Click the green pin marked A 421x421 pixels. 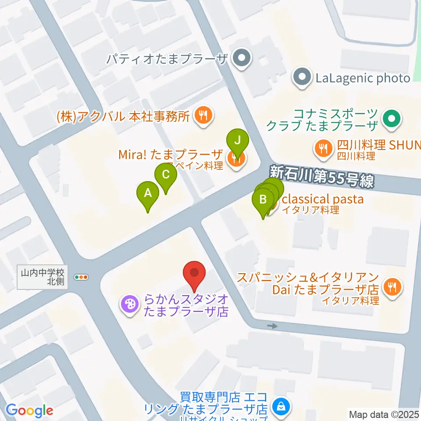point(148,193)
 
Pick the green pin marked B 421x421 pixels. point(263,200)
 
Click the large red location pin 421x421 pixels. point(194,274)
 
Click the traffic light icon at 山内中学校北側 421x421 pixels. point(82,277)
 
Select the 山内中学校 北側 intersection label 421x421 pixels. point(43,277)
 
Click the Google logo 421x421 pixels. point(29,411)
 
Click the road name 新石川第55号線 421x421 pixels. point(322,176)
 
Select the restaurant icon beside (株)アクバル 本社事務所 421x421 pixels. point(204,116)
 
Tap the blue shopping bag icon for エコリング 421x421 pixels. point(280,407)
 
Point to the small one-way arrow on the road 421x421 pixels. point(272,326)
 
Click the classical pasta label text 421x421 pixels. point(322,199)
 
